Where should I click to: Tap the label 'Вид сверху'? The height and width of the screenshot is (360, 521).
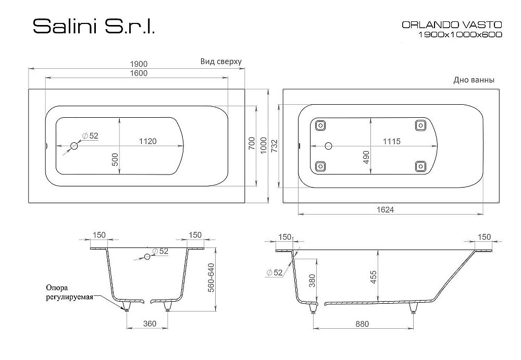click(x=221, y=61)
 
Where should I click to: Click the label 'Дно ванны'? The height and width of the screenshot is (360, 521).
click(x=474, y=80)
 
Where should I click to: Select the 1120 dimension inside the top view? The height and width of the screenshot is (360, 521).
click(x=148, y=141)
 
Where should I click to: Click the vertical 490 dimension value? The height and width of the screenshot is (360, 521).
click(x=366, y=157)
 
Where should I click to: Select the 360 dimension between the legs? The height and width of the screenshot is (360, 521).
click(x=150, y=324)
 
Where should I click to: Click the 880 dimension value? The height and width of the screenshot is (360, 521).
click(x=362, y=324)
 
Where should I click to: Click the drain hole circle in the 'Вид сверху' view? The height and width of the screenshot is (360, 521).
click(x=74, y=146)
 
